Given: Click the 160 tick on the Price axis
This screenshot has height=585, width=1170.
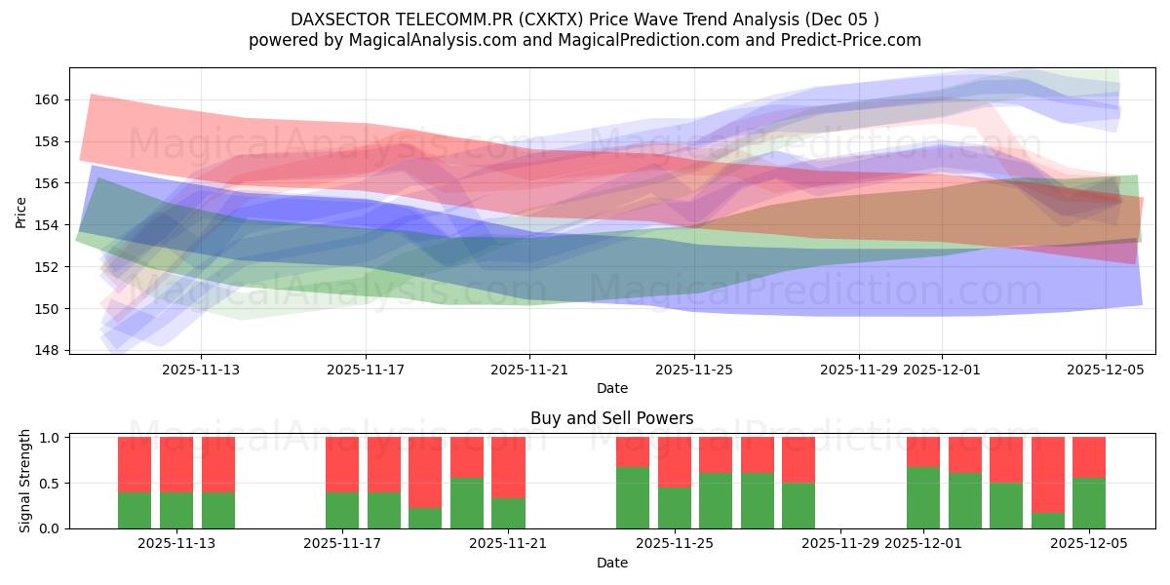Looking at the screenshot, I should (x=50, y=99).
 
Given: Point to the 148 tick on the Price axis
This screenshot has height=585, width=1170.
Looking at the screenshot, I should (x=50, y=350).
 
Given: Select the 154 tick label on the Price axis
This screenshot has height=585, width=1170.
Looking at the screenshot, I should (x=50, y=225).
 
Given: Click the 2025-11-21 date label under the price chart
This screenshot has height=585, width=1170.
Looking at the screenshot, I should (x=529, y=370).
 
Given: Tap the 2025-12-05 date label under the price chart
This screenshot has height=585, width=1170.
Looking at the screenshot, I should (x=1105, y=370).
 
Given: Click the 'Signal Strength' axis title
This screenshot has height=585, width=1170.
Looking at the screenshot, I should (x=26, y=481).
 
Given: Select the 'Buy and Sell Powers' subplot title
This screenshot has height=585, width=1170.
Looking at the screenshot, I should (x=611, y=418).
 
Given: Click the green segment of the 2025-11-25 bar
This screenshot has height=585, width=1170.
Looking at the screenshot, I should (x=675, y=507).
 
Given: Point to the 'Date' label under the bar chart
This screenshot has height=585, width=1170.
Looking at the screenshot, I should (x=611, y=563).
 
